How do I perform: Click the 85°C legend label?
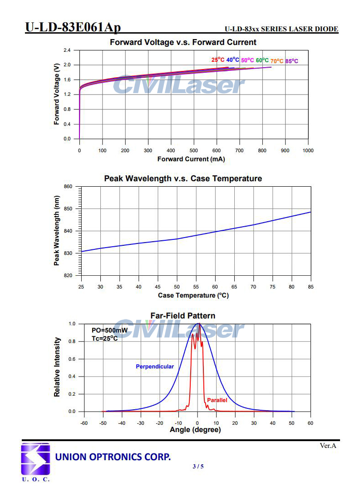click(292, 61)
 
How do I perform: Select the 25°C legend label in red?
click(217, 60)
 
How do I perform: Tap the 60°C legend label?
click(262, 60)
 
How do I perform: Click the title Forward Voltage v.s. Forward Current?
click(183, 42)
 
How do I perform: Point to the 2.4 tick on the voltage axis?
click(67, 50)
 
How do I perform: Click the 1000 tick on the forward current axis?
click(308, 150)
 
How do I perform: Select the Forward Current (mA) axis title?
click(191, 159)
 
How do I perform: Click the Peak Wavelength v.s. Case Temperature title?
click(183, 179)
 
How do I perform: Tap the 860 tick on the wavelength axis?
click(68, 187)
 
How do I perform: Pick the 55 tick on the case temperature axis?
click(196, 287)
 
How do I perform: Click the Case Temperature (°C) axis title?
click(193, 295)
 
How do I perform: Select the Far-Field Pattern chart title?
click(183, 315)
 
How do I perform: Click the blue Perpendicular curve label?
click(155, 366)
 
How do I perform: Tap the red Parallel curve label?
click(217, 400)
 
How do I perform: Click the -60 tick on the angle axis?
click(84, 423)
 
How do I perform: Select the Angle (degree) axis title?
click(195, 430)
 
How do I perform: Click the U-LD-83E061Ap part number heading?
click(73, 28)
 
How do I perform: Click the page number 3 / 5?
click(198, 466)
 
